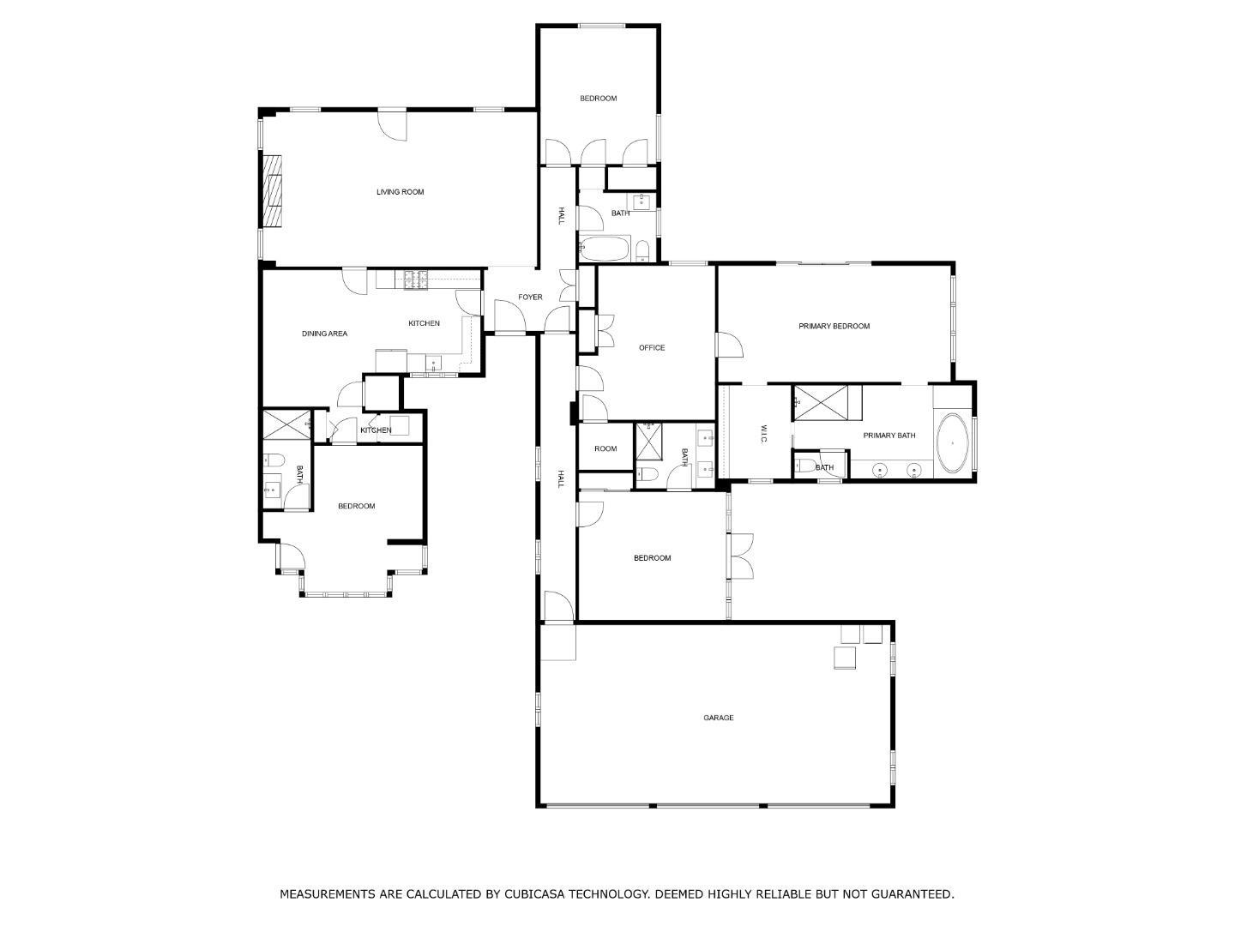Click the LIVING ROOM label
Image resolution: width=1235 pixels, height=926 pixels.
pos(400,192)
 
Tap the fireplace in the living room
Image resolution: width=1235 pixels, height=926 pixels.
pos(273,191)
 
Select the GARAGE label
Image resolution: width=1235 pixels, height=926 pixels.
pos(718,718)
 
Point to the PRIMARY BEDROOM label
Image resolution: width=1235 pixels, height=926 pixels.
pos(834,326)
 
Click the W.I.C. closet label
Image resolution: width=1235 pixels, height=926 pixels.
pos(763,434)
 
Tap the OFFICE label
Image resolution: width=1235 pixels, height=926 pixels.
pos(652,348)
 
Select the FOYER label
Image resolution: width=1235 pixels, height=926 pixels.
pos(530,298)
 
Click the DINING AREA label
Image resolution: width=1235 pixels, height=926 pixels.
pos(324,334)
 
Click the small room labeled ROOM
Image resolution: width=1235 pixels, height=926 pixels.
pos(605,448)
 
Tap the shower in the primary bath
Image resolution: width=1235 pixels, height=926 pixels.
pos(827,403)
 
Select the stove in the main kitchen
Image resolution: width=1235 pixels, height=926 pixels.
pos(416,279)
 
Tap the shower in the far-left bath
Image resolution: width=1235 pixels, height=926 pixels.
pos(286,424)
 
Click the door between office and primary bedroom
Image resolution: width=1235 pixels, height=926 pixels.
pos(728,345)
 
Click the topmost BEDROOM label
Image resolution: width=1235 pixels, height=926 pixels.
pos(598,99)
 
